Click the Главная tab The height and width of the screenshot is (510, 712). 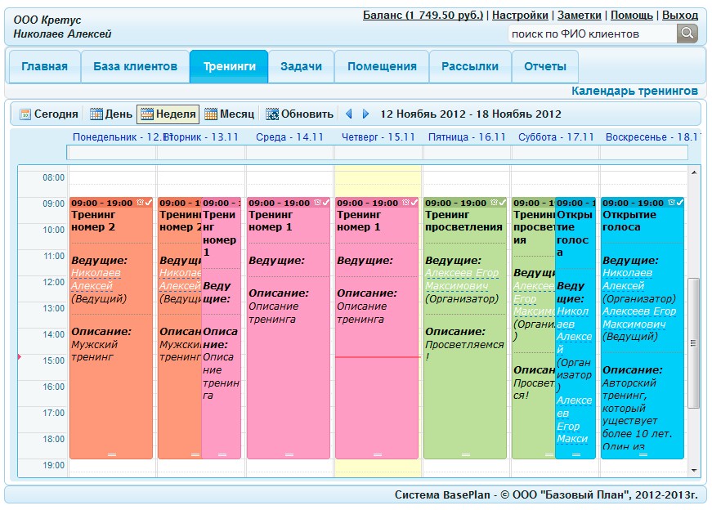click(44, 66)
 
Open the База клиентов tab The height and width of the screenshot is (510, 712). click(135, 66)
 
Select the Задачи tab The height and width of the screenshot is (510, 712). click(301, 66)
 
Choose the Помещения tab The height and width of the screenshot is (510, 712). click(382, 66)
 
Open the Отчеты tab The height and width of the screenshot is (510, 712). click(544, 66)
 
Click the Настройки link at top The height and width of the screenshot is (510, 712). click(520, 15)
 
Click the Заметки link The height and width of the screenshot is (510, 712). click(579, 15)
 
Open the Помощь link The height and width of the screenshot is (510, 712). click(631, 15)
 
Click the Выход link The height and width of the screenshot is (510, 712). click(679, 15)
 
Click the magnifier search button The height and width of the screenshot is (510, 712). click(687, 34)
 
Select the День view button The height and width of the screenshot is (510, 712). click(111, 114)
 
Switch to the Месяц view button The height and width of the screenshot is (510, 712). click(230, 114)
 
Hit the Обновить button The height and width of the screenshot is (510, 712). click(299, 114)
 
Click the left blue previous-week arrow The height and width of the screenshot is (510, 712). click(349, 114)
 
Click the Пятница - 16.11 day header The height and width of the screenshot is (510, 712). click(467, 137)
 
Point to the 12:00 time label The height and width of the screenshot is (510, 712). click(53, 282)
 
